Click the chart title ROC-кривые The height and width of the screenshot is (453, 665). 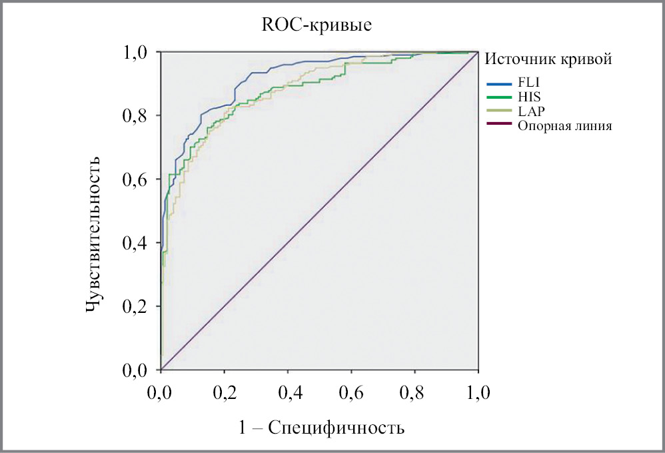pos(316,26)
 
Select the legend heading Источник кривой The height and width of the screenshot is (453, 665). pos(548,59)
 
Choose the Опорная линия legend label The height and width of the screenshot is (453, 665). pos(562,125)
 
